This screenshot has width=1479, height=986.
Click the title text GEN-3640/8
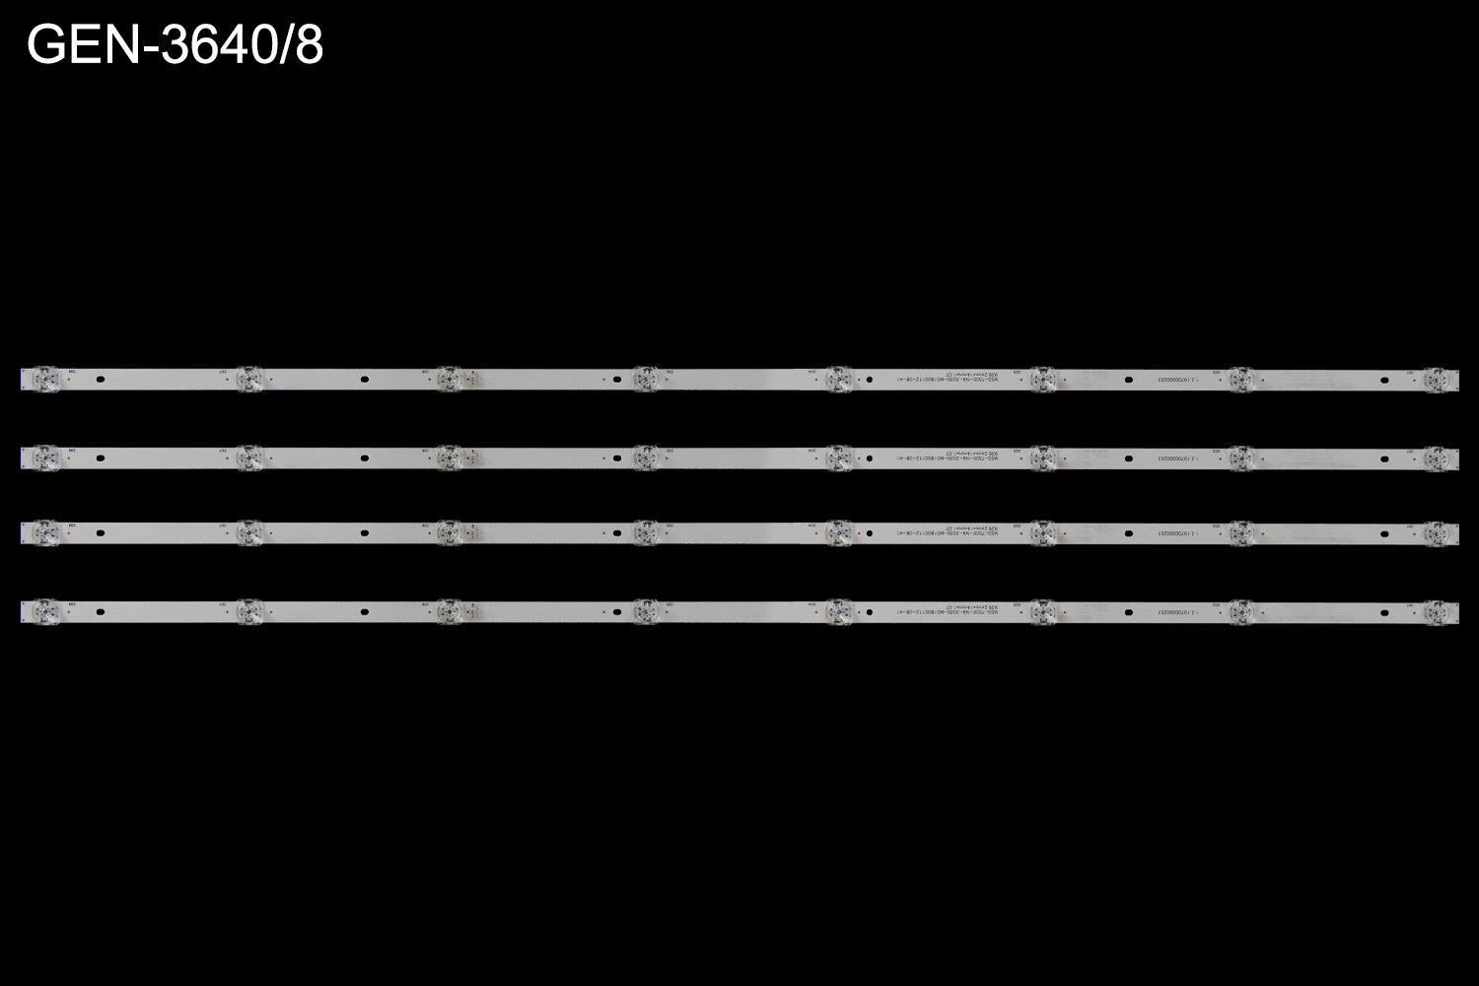pos(175,45)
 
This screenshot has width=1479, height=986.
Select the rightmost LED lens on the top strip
pos(1438,378)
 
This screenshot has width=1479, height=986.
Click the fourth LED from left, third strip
pos(644,532)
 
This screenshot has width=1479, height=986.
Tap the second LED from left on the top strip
pos(248,378)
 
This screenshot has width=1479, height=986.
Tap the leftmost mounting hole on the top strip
pos(100,379)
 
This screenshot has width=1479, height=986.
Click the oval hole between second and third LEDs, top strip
pos(364,379)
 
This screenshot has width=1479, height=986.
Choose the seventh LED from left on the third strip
pos(1240,532)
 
